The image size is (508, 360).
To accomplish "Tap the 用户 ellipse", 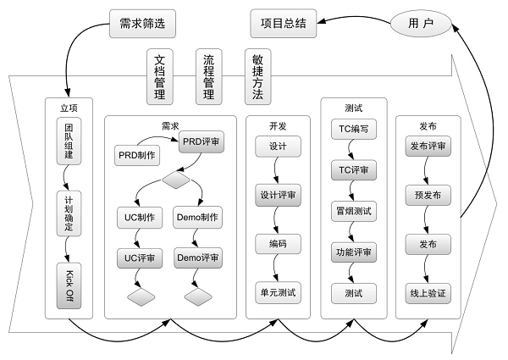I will click(422, 23).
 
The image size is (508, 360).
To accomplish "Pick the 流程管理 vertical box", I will click(208, 77).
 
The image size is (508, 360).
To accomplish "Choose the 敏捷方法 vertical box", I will click(257, 77).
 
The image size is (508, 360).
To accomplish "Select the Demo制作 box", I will click(197, 218).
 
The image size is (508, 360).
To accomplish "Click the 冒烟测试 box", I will click(353, 211).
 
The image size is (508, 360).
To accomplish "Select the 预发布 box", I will click(428, 196).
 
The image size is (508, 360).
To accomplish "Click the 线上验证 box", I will click(428, 293).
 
